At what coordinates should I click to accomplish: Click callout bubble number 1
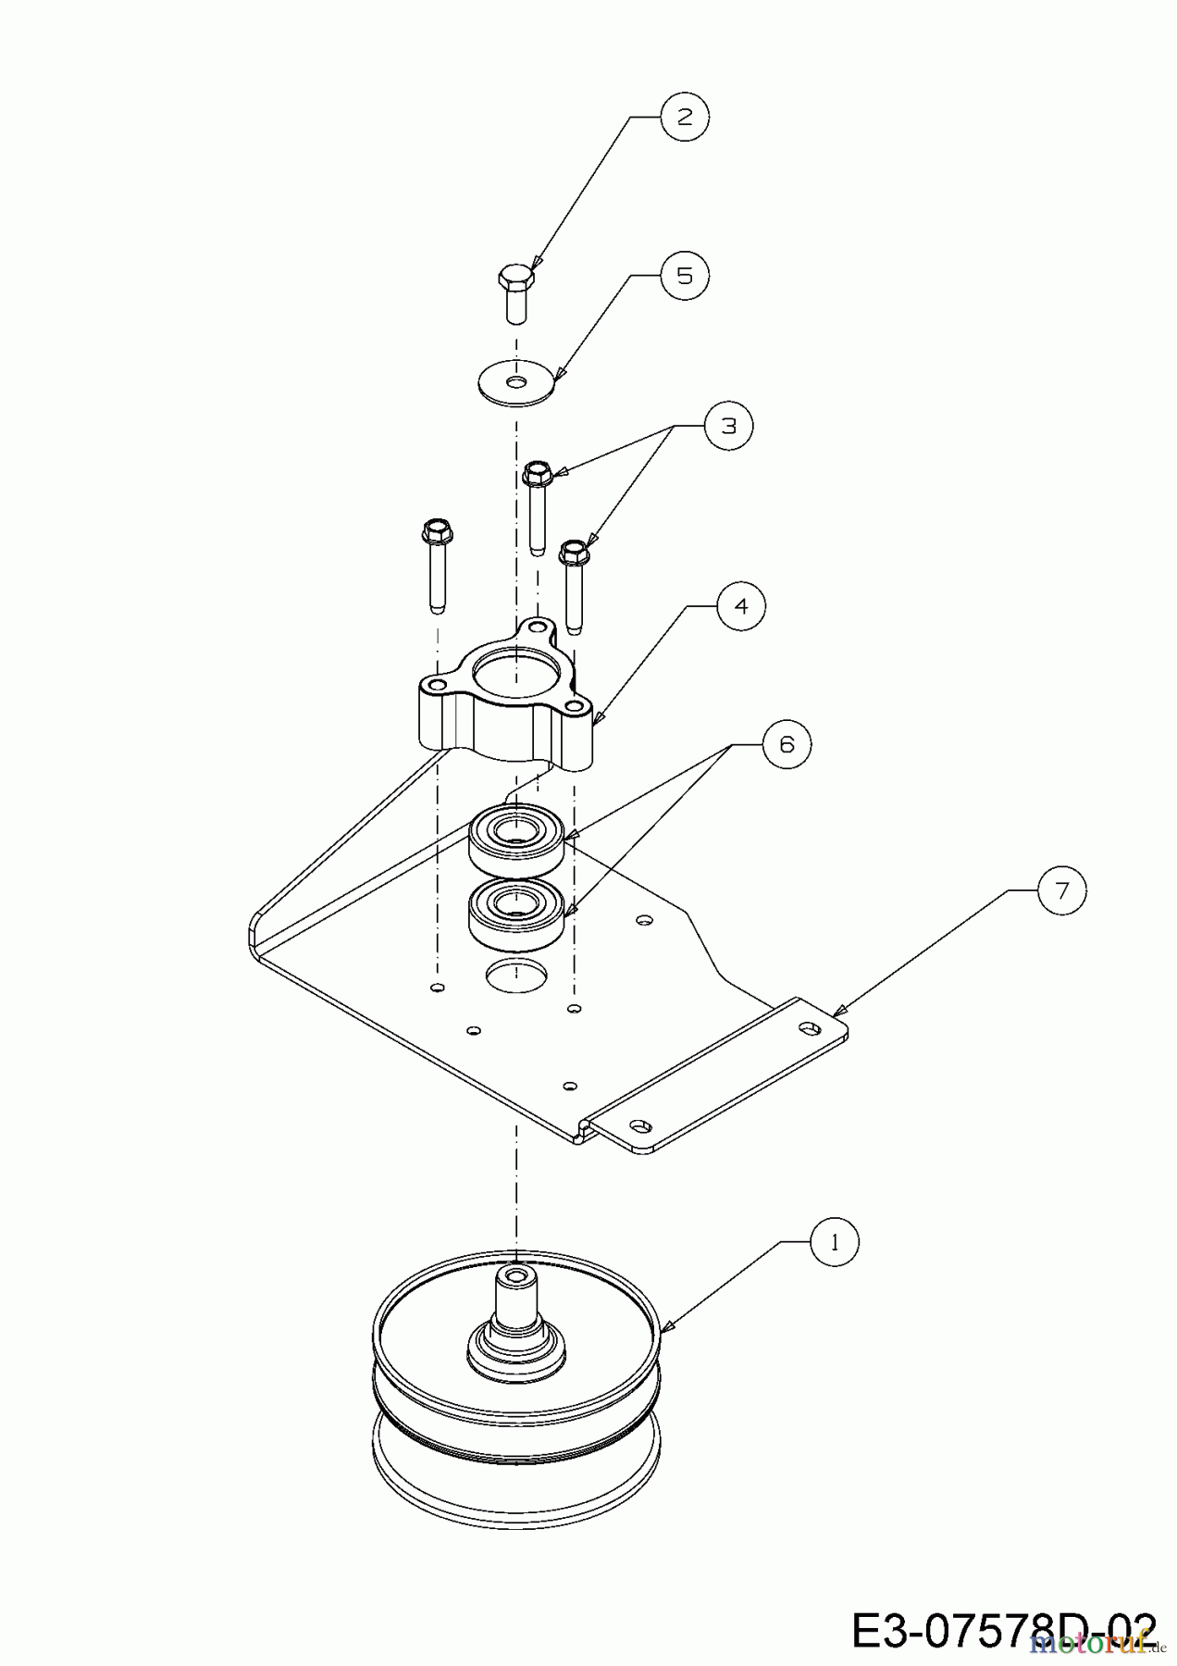coord(835,1243)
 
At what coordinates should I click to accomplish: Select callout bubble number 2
coord(685,117)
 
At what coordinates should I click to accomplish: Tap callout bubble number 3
coord(729,426)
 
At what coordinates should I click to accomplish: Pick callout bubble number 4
coord(741,606)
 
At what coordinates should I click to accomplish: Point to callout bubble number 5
coord(685,276)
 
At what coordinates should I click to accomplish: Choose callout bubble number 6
coord(787,744)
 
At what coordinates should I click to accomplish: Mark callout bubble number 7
coord(1061,890)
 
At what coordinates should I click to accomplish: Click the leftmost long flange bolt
coord(437,565)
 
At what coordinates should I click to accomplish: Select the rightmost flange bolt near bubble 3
coord(575,583)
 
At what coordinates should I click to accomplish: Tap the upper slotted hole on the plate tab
coord(812,1026)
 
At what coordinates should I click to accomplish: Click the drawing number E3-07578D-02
coord(1004,1630)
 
